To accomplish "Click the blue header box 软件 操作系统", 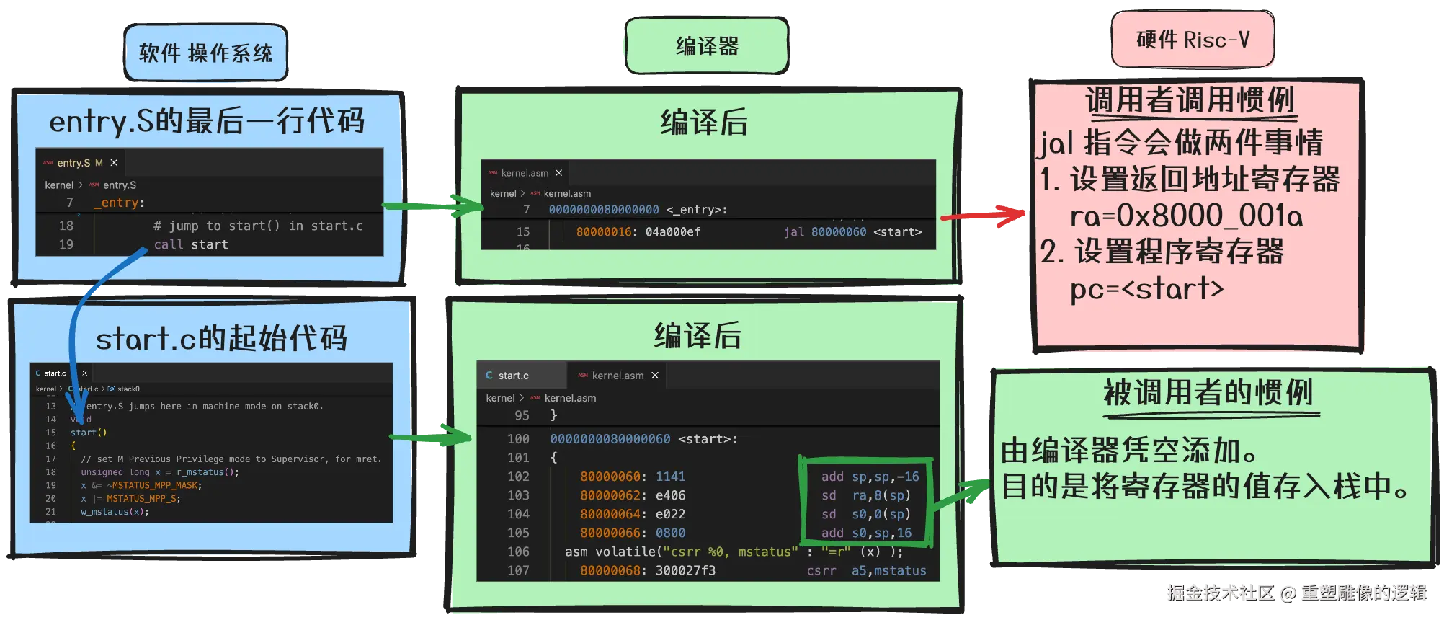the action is coord(206,53).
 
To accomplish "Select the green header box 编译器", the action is coord(707,47).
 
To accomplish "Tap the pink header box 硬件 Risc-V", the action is coord(1193,40).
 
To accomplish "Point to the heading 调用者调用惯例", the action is coord(1190,100).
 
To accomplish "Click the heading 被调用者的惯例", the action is coord(1208,393).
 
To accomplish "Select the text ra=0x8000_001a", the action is coord(1186,216).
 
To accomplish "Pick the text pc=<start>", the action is coord(1146,289).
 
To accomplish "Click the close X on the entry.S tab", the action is coord(114,163).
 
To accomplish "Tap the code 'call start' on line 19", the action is coord(191,244).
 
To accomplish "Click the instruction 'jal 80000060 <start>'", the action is coord(852,231).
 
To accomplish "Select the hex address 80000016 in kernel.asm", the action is coord(604,231).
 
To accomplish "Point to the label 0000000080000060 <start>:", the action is coord(643,439).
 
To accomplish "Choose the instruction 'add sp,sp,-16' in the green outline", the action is coord(870,477).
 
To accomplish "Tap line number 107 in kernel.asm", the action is coord(518,570).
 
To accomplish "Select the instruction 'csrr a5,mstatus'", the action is coord(866,570).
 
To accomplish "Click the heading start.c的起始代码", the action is coord(221,338).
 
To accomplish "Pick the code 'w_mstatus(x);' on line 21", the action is coord(115,512).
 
